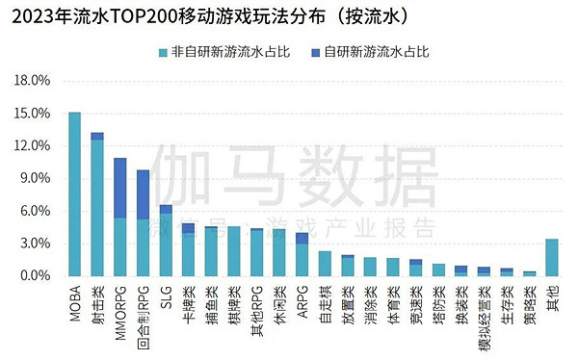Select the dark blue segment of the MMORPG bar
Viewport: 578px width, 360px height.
coord(120,188)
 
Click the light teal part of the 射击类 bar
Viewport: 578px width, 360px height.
coord(97,208)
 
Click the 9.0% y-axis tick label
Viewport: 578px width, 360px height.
coord(33,178)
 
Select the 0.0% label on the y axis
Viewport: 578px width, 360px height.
coord(33,276)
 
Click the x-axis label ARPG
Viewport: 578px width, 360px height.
coord(302,295)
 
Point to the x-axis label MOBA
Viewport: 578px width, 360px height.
coord(74,297)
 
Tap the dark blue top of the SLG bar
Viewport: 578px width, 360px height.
coord(166,209)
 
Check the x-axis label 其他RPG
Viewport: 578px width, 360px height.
coord(256,302)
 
